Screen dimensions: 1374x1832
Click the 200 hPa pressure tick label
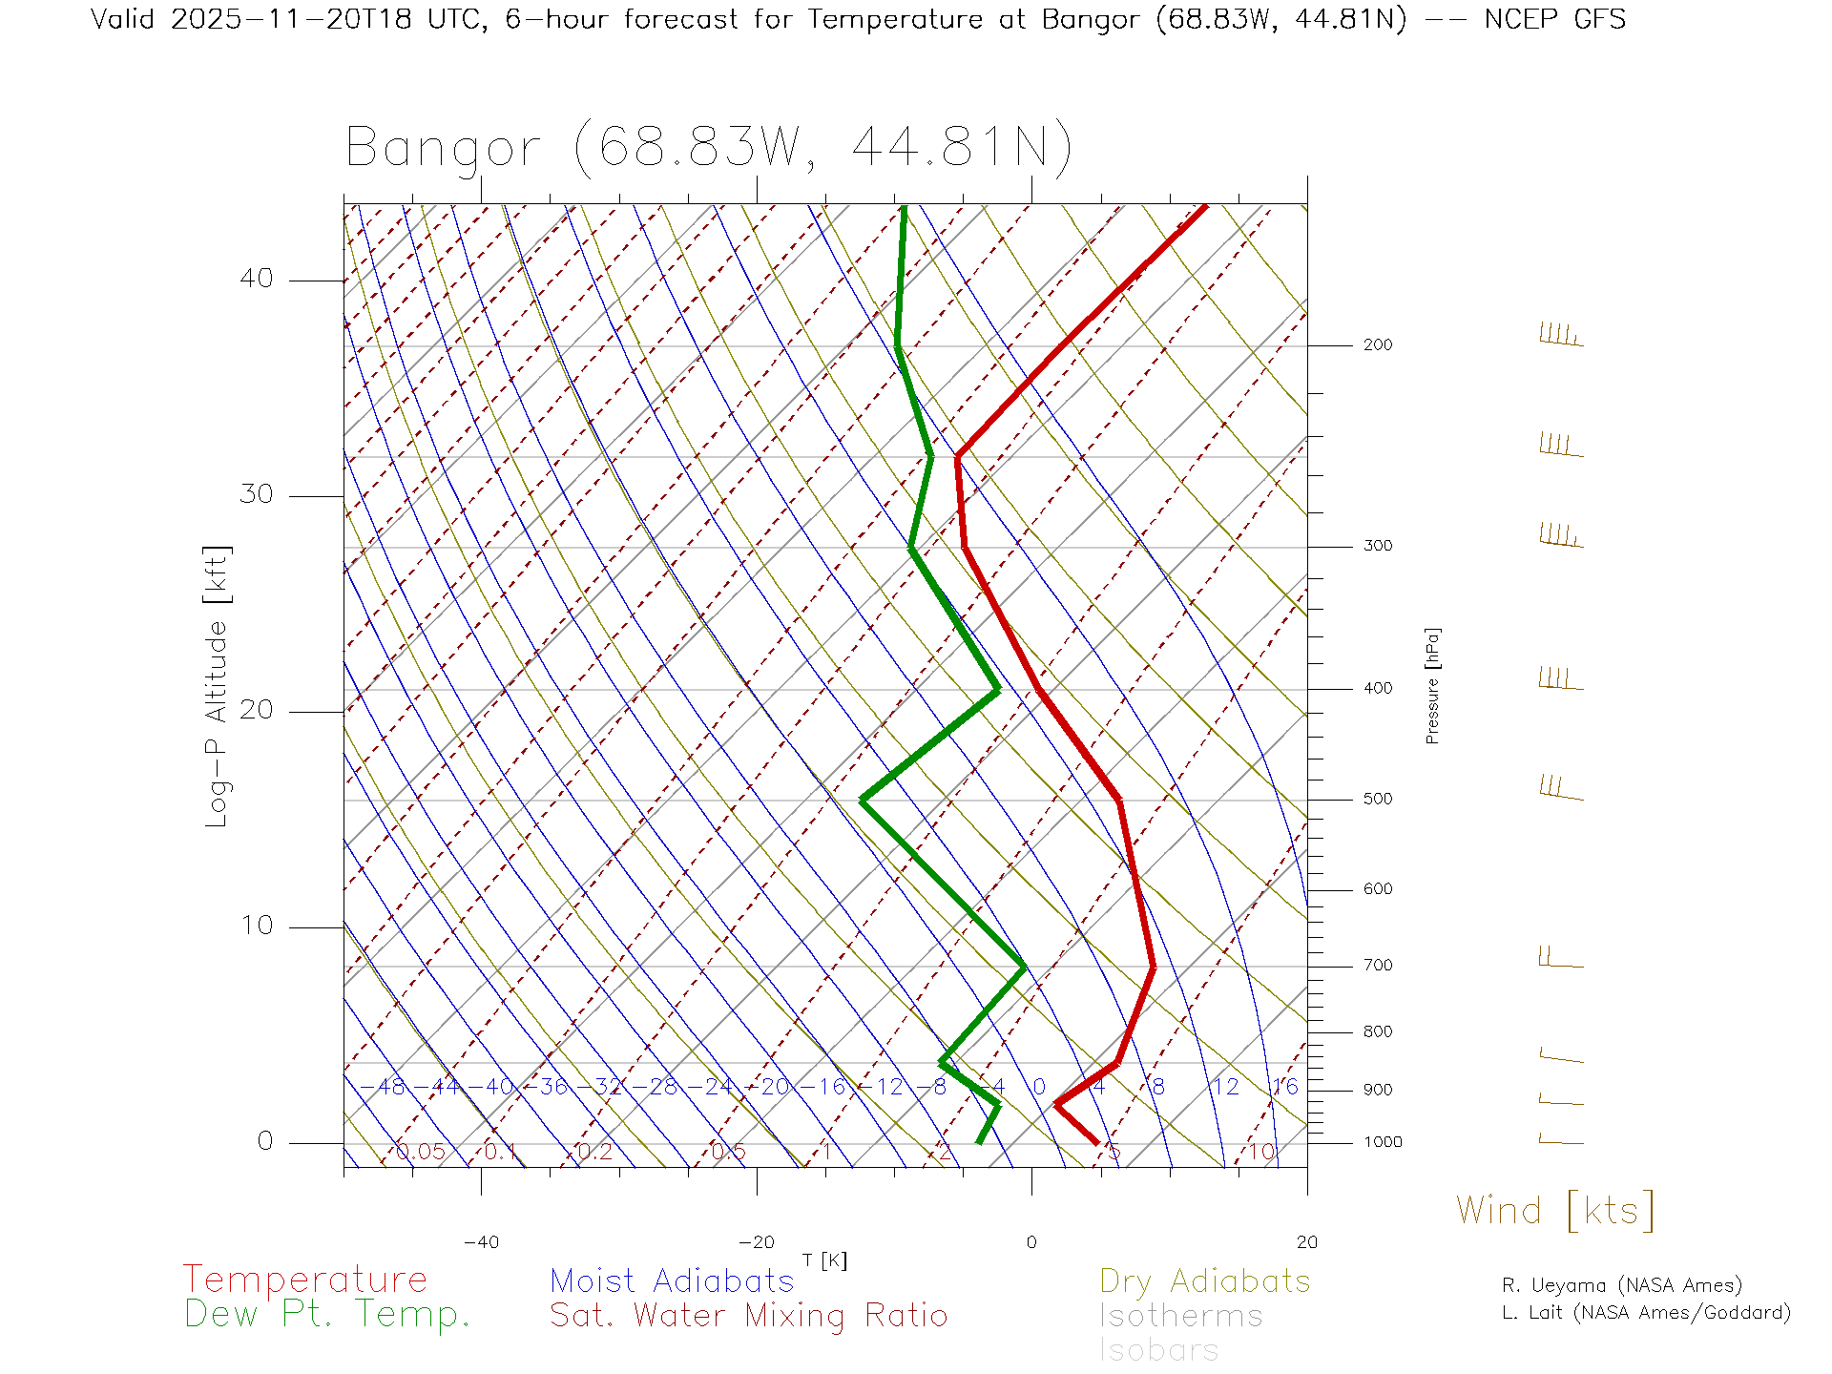click(1377, 345)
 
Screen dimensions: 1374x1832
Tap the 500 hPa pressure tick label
click(1377, 800)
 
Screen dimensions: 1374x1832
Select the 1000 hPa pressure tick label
click(1383, 1143)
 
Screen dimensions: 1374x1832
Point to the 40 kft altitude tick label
click(256, 279)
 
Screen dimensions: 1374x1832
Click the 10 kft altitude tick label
click(256, 926)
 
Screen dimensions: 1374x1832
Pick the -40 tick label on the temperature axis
click(481, 1242)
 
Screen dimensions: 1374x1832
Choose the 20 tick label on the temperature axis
click(1306, 1242)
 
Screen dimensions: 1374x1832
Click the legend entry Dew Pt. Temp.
click(327, 1315)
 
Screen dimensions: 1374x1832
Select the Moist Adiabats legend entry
click(673, 1281)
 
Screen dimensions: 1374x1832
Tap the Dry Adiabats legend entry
click(1205, 1281)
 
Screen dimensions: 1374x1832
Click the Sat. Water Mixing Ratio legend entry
click(749, 1316)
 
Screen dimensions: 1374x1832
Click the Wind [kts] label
click(1555, 1211)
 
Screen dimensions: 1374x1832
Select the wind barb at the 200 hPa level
click(1560, 336)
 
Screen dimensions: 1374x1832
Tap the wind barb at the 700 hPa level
click(1560, 958)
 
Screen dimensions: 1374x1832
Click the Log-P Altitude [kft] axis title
click(218, 687)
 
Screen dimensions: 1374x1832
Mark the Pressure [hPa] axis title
click(1432, 685)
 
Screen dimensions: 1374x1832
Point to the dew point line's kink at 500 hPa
click(862, 800)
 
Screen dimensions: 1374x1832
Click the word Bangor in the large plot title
click(444, 148)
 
